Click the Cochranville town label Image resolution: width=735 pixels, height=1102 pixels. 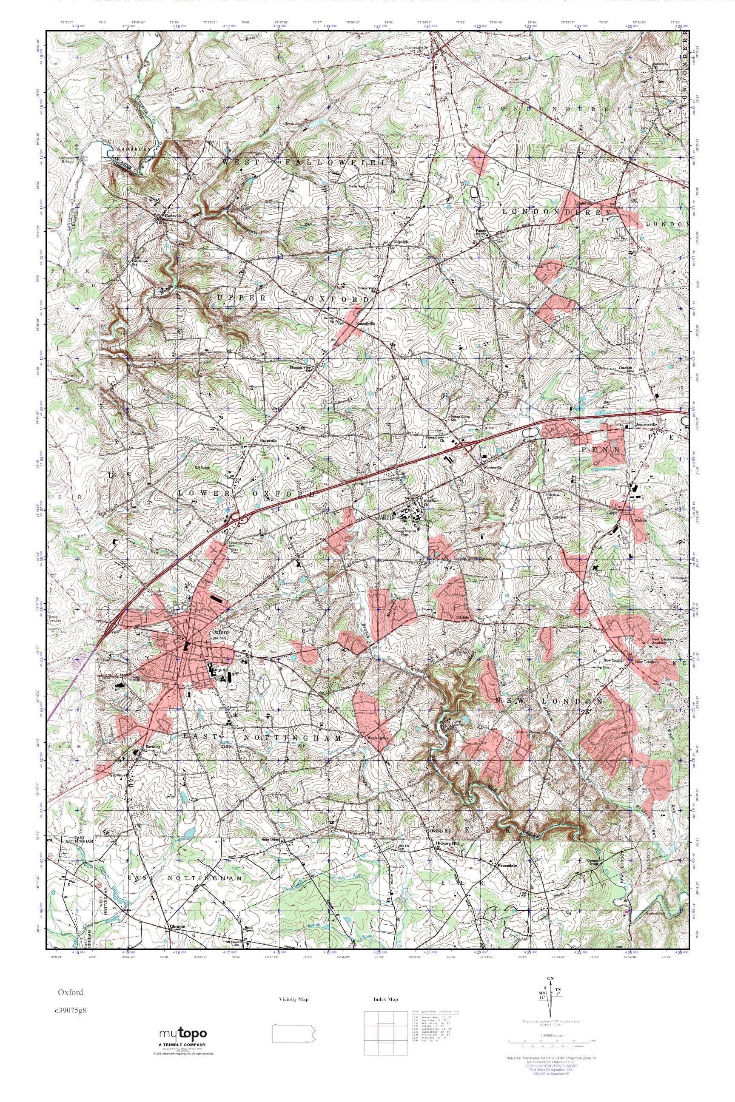pyautogui.click(x=417, y=47)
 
